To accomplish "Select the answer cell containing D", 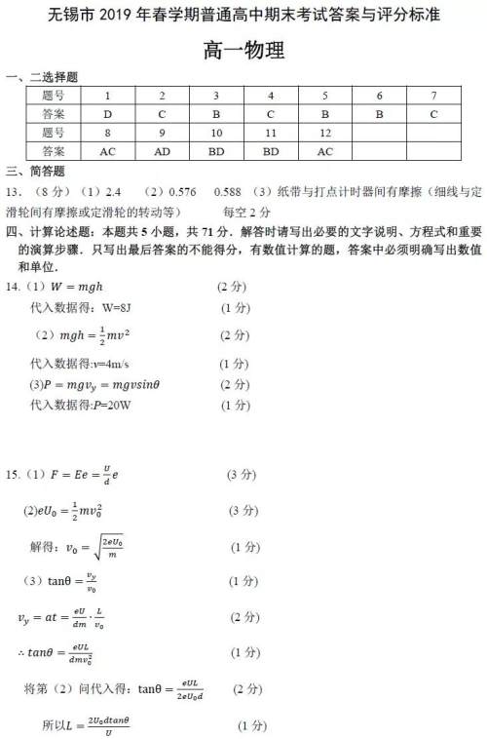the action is coord(107,114).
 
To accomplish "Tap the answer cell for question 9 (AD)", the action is coord(162,151).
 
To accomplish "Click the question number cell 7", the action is coord(433,96).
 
